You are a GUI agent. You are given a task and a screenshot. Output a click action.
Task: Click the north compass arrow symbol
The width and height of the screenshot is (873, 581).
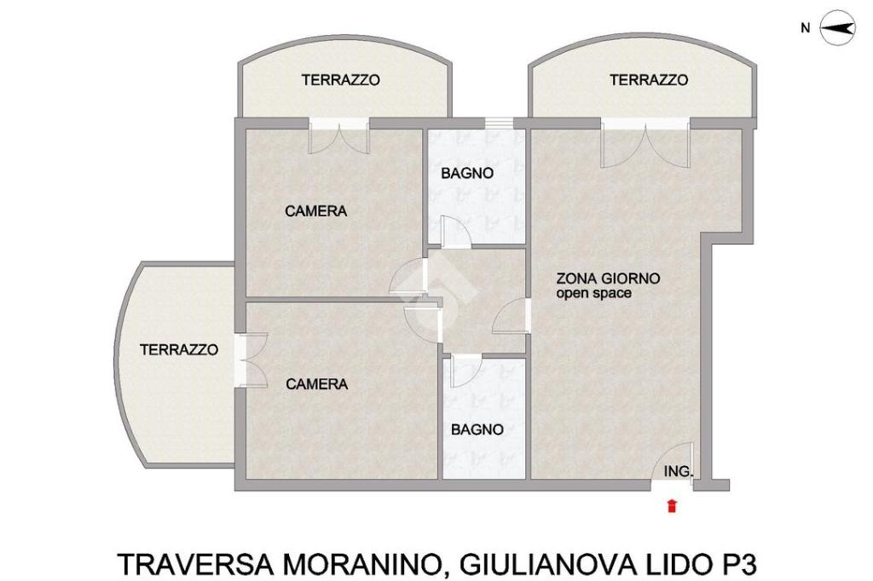click(838, 28)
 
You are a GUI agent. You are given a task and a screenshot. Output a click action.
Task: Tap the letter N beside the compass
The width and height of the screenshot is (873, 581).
click(805, 28)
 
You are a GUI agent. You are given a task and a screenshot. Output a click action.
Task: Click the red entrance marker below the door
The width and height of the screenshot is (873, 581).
click(672, 506)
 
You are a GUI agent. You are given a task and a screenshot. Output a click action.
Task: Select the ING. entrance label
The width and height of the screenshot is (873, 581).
click(679, 471)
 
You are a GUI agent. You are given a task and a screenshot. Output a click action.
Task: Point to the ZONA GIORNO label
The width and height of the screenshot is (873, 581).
click(608, 279)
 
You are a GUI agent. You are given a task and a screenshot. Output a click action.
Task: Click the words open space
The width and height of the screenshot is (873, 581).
click(593, 293)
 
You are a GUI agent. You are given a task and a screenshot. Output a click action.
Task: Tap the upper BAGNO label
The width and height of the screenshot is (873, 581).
click(467, 173)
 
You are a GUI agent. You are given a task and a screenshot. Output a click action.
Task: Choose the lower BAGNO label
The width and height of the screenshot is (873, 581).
click(477, 429)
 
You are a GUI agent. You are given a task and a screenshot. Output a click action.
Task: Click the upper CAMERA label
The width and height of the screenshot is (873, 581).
click(315, 211)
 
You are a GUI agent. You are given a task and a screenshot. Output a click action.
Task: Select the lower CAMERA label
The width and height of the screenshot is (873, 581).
click(317, 384)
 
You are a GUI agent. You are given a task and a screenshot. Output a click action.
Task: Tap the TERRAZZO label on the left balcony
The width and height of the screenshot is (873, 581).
click(179, 349)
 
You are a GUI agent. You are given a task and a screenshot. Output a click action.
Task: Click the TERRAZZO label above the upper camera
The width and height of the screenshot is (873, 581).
click(341, 79)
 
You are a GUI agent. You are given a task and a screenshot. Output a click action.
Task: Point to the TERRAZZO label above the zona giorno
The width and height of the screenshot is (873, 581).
click(649, 79)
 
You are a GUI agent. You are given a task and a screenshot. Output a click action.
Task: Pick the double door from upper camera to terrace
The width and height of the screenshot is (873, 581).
click(339, 137)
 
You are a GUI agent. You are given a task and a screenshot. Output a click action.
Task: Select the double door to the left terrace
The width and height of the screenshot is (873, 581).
click(251, 360)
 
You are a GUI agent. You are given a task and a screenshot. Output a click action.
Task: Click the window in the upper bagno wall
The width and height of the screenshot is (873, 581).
click(498, 123)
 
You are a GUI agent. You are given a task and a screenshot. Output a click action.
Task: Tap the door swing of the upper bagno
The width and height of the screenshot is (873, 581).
click(455, 231)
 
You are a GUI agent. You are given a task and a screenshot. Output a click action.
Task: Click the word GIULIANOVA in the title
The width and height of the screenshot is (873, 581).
click(548, 564)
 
